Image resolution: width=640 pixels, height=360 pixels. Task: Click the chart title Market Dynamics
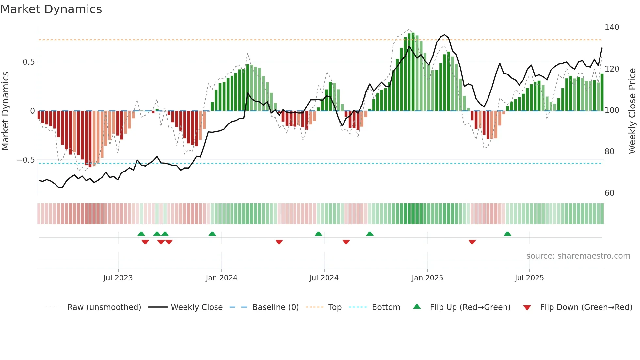[x=51, y=9]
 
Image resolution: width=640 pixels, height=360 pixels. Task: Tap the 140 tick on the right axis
[x=612, y=27]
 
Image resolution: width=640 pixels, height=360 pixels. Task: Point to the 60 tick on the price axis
[x=609, y=193]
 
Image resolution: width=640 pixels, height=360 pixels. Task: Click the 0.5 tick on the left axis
[x=28, y=62]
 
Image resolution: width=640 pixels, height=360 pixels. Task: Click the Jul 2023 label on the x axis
[x=118, y=278]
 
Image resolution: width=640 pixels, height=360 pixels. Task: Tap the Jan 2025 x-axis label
[x=427, y=278]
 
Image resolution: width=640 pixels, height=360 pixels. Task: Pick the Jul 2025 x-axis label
[x=529, y=278]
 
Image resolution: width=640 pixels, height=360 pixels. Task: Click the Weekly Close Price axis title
[x=632, y=111]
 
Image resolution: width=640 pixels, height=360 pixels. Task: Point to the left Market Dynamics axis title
[x=5, y=111]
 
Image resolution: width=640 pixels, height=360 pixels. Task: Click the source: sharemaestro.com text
[x=578, y=256]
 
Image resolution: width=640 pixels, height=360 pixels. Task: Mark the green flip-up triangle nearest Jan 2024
[x=212, y=234]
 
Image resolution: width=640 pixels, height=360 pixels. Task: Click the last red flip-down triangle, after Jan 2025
[x=472, y=242]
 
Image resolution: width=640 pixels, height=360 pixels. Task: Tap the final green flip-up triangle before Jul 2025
[x=507, y=234]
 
